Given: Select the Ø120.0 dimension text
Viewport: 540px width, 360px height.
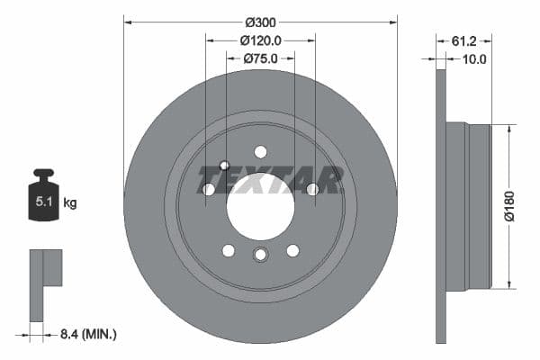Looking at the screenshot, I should [261, 40].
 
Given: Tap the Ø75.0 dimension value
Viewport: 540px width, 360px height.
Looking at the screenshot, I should [261, 58].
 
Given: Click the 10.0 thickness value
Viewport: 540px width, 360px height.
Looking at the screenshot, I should [473, 59].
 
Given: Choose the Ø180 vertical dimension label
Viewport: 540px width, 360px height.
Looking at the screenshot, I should [508, 206].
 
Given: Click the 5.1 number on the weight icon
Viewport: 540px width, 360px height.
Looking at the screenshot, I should [43, 203].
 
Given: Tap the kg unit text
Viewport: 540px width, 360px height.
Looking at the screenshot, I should [70, 203].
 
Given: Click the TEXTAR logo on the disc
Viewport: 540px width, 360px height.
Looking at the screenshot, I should [270, 180].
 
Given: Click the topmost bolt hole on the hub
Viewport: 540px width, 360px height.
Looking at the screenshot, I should [260, 151].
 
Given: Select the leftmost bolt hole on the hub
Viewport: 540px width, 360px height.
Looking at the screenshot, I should [209, 189].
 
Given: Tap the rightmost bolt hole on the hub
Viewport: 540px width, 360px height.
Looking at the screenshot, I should [312, 189].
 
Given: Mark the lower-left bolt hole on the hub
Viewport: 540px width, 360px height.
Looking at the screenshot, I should [229, 249].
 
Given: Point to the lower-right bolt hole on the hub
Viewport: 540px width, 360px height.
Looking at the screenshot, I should [292, 249].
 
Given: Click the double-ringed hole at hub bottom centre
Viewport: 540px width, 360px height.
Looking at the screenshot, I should [260, 255].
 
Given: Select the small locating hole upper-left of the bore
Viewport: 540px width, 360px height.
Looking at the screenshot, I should [225, 166].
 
